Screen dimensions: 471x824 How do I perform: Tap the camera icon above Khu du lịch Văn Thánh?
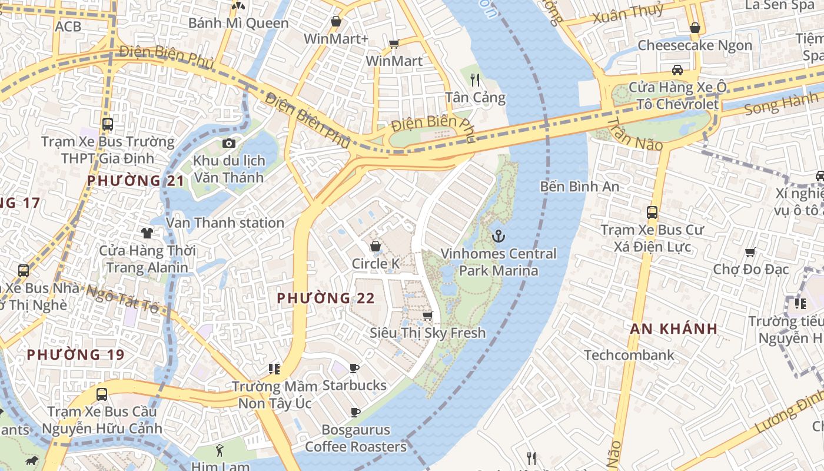click(x=229, y=143)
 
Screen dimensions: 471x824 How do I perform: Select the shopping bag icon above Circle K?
click(x=375, y=246)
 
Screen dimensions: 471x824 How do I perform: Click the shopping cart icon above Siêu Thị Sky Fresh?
click(x=428, y=316)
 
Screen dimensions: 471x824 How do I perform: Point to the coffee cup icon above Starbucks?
click(x=354, y=368)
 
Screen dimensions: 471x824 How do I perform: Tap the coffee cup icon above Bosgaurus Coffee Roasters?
click(x=355, y=412)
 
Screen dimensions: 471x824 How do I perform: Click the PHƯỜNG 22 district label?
click(x=325, y=298)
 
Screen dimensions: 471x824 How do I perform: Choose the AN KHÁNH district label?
click(x=674, y=329)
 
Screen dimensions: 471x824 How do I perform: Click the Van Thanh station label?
click(x=225, y=223)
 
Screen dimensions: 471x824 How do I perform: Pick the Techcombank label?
click(x=629, y=355)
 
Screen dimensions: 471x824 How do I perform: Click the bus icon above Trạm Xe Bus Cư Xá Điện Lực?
click(x=652, y=213)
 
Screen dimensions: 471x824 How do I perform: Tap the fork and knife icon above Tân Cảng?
click(x=475, y=79)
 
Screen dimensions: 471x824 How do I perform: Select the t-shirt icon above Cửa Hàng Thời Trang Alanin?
click(x=147, y=233)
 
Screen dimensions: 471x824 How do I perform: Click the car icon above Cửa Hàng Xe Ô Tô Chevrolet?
click(x=677, y=70)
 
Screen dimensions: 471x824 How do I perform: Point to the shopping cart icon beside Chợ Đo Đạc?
click(x=750, y=253)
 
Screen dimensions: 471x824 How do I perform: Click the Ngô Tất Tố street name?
click(x=123, y=299)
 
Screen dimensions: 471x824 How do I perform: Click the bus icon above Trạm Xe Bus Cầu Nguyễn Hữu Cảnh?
click(x=102, y=394)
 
